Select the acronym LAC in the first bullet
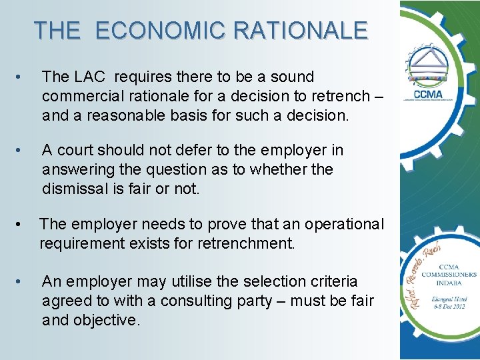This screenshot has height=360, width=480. tap(83, 77)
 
